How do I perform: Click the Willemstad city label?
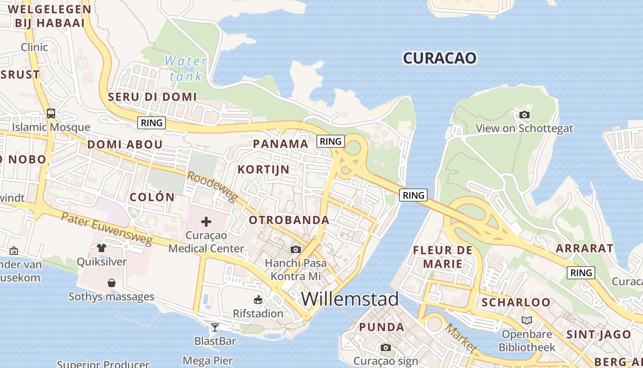tap(350, 299)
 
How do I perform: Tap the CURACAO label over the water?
tap(440, 58)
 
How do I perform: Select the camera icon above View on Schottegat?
tap(524, 115)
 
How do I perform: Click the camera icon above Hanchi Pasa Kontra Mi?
tap(296, 249)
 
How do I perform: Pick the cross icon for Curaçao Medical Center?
tap(206, 222)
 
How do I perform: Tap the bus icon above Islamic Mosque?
tap(51, 113)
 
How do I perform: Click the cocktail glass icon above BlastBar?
tap(214, 327)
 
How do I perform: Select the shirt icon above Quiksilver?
tap(102, 247)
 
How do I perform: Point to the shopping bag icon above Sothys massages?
tap(111, 282)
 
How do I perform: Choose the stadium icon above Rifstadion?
tap(258, 300)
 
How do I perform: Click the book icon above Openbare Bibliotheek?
tap(527, 320)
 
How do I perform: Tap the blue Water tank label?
tap(186, 68)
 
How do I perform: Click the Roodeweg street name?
tap(212, 187)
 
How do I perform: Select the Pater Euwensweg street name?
tap(107, 229)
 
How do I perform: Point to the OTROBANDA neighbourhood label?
tap(289, 220)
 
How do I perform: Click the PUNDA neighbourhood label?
tap(382, 327)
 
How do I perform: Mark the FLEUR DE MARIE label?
tap(443, 257)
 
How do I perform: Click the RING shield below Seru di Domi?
tap(152, 123)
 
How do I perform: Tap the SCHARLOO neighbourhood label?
tap(516, 302)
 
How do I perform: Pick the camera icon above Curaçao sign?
tap(386, 347)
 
